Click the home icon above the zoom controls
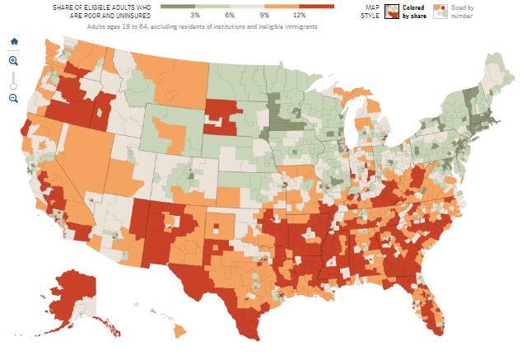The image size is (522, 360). (x=13, y=41)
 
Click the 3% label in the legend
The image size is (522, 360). (x=195, y=16)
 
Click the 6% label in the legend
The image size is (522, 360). (x=230, y=16)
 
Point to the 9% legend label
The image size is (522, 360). (x=264, y=16)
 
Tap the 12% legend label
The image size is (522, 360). (x=299, y=16)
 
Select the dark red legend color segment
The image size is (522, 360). (x=317, y=7)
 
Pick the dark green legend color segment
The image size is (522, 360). (x=178, y=7)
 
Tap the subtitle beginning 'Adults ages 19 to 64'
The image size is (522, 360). (x=203, y=27)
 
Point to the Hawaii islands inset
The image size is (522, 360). (x=179, y=330)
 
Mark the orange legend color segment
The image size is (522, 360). (x=282, y=7)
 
